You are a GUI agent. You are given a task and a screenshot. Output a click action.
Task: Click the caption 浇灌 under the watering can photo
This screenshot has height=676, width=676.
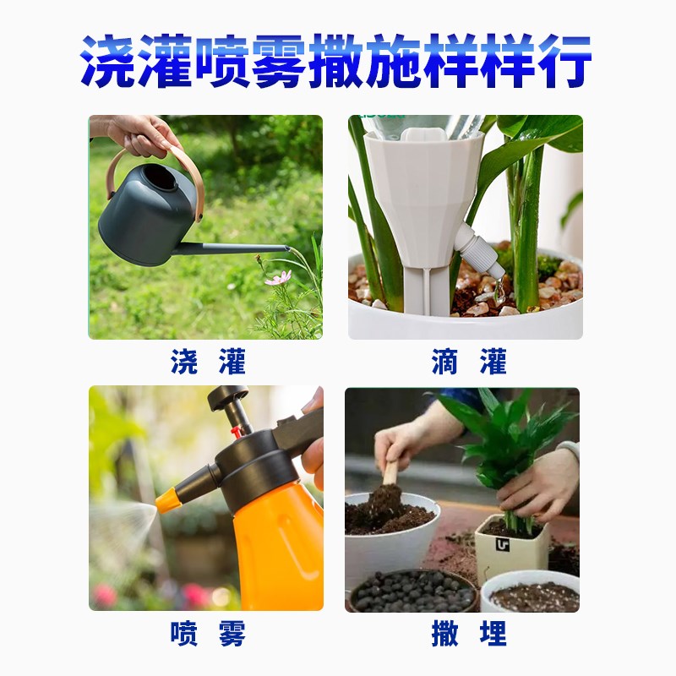[x=207, y=363]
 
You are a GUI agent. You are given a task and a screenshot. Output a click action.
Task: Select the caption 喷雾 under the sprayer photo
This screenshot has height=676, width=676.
[x=207, y=634]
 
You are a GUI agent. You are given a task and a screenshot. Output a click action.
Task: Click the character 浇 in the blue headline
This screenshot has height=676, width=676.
[x=110, y=61]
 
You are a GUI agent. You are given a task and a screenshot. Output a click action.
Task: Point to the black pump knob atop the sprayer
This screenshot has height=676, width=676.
[x=228, y=396]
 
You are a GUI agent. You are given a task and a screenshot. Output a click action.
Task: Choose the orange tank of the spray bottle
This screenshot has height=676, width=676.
[x=279, y=541]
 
